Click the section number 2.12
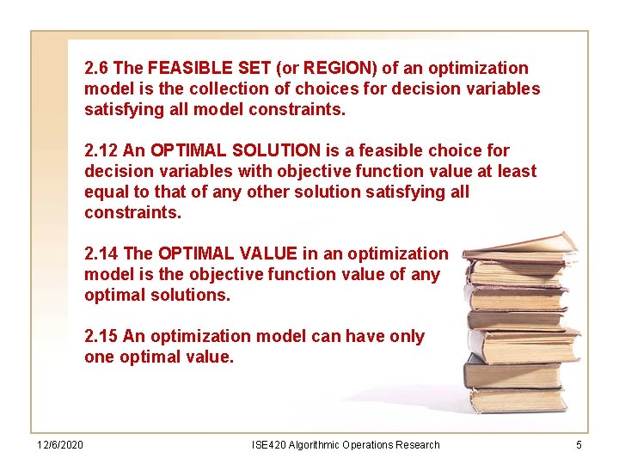tap(101, 150)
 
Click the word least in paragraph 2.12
tap(517, 171)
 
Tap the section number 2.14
tap(101, 253)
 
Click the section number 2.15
tap(101, 336)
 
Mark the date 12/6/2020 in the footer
tap(59, 444)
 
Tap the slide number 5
tap(579, 444)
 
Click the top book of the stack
tap(524, 246)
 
